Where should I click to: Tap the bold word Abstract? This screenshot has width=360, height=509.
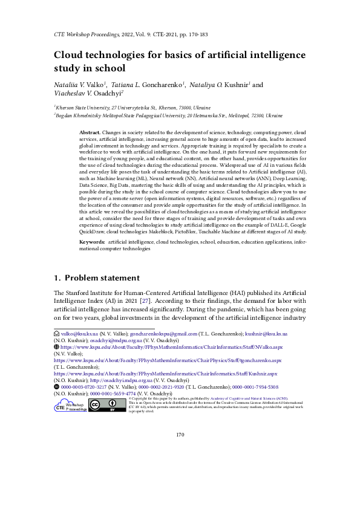(90, 132)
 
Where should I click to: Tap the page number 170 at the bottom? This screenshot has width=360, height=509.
(180, 452)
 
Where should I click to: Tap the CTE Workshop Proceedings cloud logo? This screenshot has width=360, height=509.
(71, 406)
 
